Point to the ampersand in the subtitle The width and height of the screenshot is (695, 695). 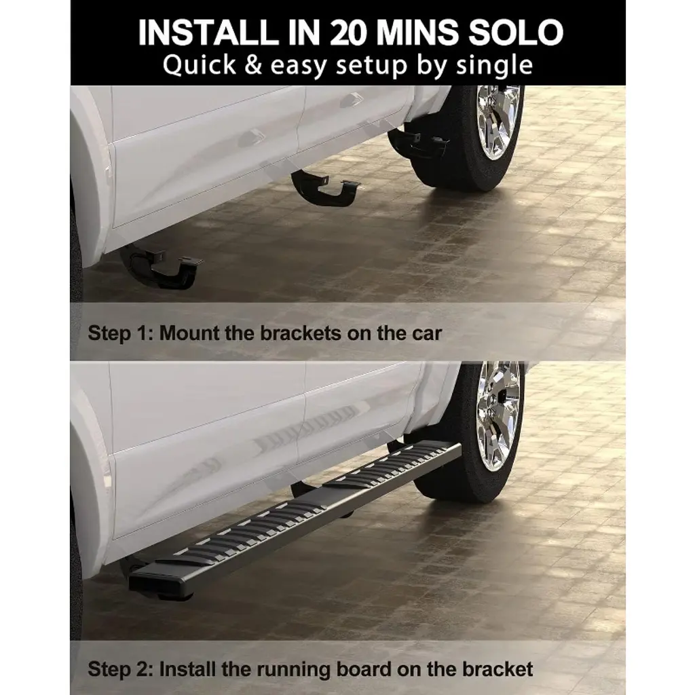253,64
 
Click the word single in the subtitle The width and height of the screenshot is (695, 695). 494,65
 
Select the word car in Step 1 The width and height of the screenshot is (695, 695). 427,334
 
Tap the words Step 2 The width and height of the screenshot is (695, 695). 121,669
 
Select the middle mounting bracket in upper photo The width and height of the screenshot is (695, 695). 324,188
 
